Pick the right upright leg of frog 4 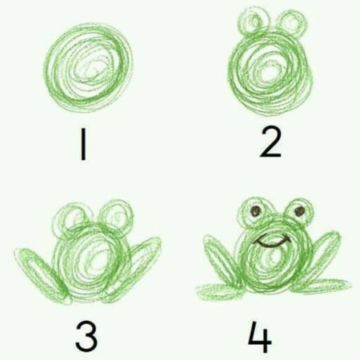pyautogui.click(x=326, y=256)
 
